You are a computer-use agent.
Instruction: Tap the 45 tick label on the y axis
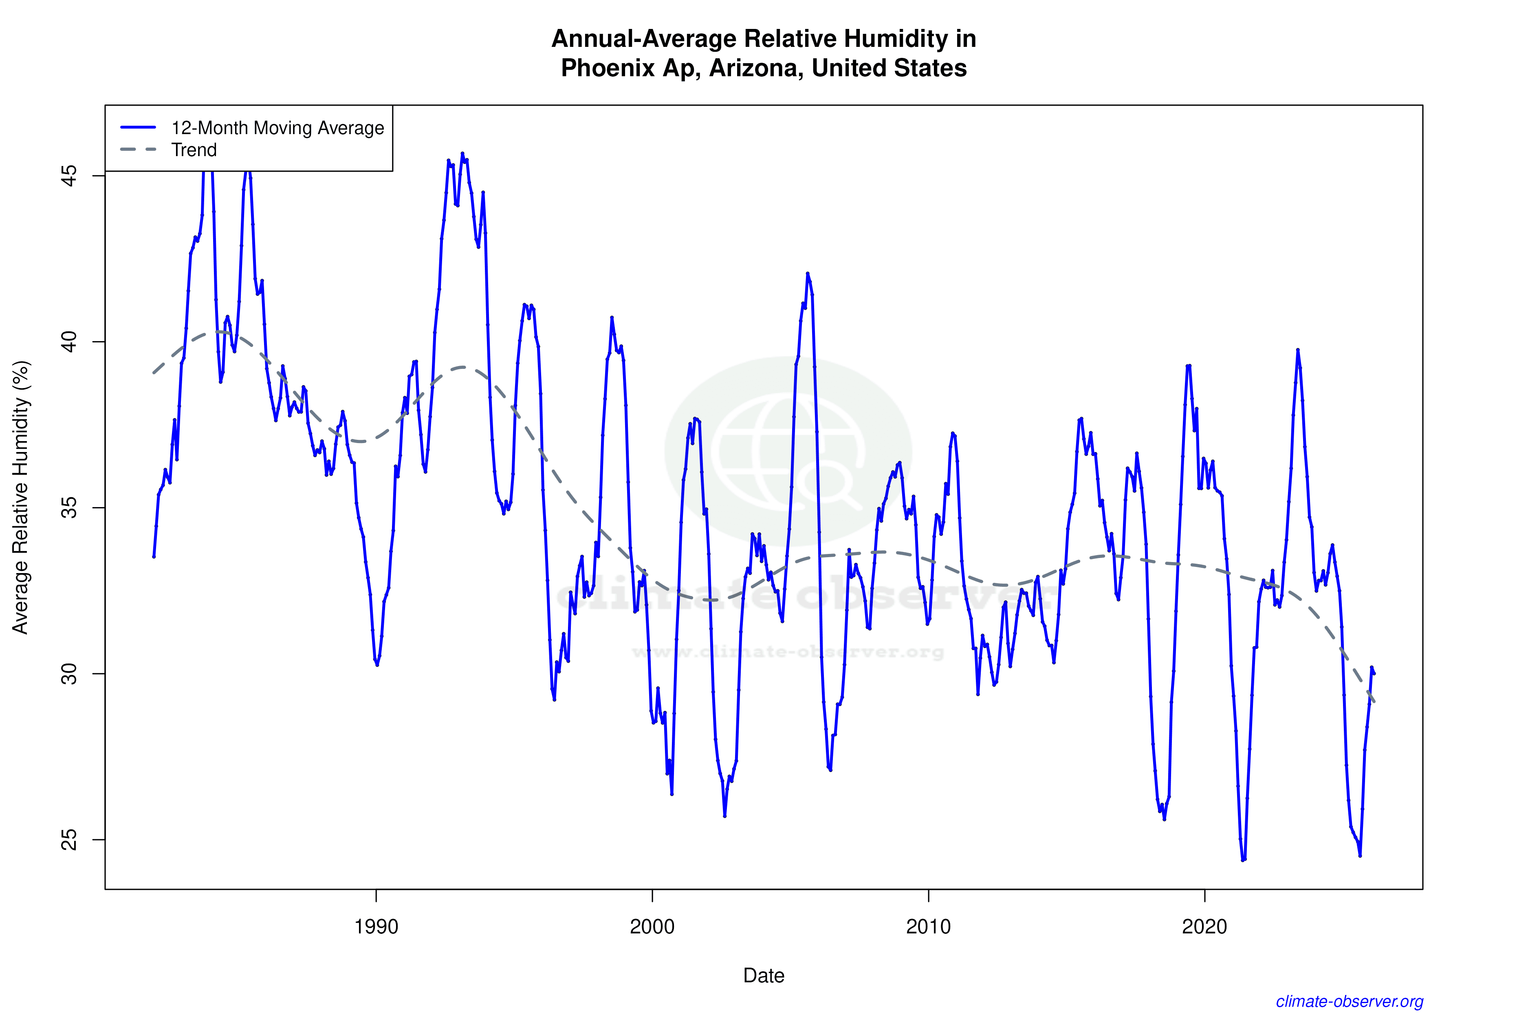click(69, 175)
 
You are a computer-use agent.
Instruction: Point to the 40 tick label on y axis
click(69, 342)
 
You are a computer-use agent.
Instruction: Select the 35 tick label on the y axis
click(69, 507)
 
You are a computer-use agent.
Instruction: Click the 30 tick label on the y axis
click(69, 674)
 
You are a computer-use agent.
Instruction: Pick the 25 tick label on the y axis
click(69, 840)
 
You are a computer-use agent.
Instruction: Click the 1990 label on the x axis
click(376, 926)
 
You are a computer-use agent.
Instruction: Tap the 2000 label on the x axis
click(652, 926)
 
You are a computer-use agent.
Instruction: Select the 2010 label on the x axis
click(928, 926)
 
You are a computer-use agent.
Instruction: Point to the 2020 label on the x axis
click(1204, 926)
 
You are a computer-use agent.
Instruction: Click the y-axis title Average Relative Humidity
click(21, 497)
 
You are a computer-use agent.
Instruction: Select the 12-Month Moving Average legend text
click(277, 128)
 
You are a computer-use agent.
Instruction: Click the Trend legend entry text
click(194, 150)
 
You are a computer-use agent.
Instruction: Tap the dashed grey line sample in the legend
click(139, 150)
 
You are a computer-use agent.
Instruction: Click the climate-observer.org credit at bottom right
click(1350, 1001)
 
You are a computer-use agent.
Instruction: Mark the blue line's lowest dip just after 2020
click(1243, 860)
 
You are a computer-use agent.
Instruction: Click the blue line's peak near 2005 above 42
click(808, 273)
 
